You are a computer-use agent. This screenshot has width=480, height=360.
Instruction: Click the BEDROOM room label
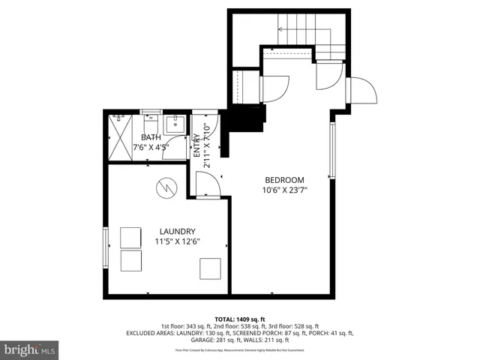(x=284, y=180)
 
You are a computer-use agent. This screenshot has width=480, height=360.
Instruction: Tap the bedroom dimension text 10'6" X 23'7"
(x=284, y=190)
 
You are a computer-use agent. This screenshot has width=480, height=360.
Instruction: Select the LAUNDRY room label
(x=177, y=231)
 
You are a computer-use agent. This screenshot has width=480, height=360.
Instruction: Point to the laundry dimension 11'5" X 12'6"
(x=177, y=241)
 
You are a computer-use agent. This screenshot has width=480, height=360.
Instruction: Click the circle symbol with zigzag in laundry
(x=166, y=187)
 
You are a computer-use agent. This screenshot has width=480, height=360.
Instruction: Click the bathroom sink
(x=175, y=124)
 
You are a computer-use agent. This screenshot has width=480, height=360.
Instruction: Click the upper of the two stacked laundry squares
(x=131, y=237)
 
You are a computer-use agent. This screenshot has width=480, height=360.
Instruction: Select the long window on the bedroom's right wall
(x=331, y=150)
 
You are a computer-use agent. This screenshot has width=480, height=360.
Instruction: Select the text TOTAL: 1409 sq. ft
(x=240, y=319)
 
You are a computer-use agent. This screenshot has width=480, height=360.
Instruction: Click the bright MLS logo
(x=30, y=349)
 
